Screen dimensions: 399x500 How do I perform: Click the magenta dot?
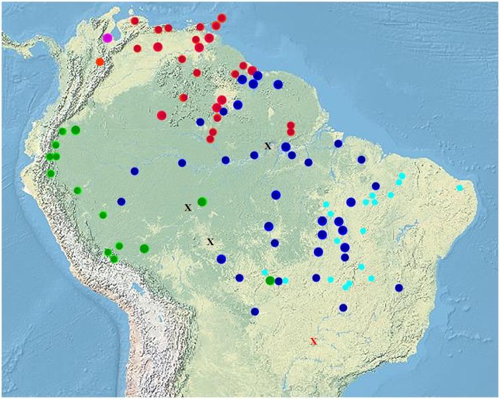107,38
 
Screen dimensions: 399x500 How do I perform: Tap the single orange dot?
100,62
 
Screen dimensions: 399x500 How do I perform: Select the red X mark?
314,341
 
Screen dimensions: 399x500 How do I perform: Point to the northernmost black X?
268,145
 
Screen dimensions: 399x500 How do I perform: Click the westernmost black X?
188,207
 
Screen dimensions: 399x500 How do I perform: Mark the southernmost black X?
211,242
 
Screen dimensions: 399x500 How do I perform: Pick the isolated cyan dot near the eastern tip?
460,188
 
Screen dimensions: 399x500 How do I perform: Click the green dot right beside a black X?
202,201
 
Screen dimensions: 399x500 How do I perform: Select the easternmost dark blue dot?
399,288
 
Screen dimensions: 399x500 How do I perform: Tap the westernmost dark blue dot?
121,201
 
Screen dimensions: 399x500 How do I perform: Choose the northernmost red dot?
221,18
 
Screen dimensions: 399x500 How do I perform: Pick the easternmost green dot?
270,281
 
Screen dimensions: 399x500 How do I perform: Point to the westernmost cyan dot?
264,272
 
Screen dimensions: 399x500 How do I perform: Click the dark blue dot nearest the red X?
343,308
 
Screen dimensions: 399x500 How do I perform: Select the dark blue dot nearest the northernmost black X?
285,146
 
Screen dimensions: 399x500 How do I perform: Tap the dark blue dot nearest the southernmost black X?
221,259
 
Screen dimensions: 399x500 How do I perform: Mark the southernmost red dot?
210,139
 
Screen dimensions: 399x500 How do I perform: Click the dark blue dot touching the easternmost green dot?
279,281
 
